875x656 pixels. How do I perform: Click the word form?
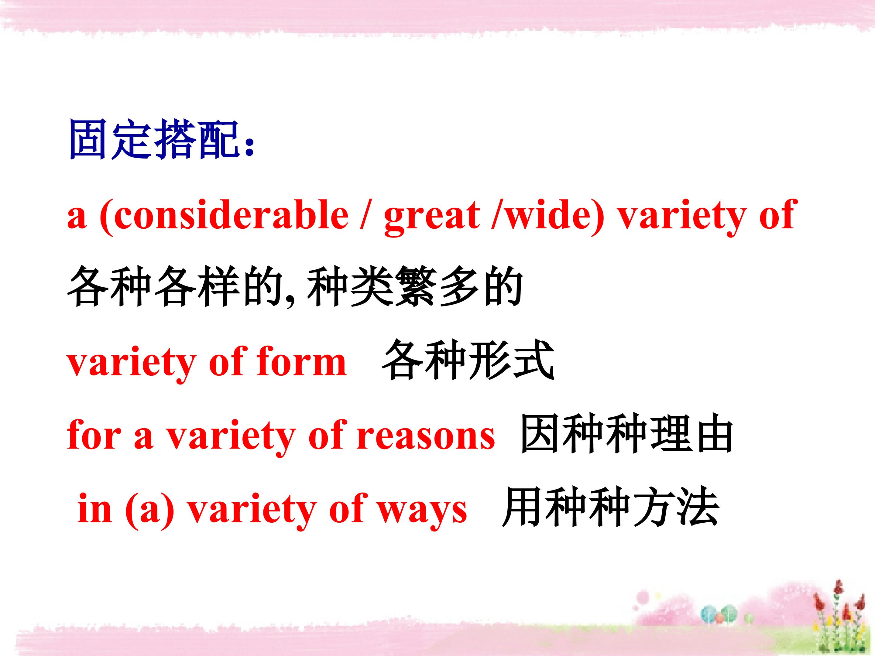click(x=301, y=362)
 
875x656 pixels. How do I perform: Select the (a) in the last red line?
click(x=149, y=511)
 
